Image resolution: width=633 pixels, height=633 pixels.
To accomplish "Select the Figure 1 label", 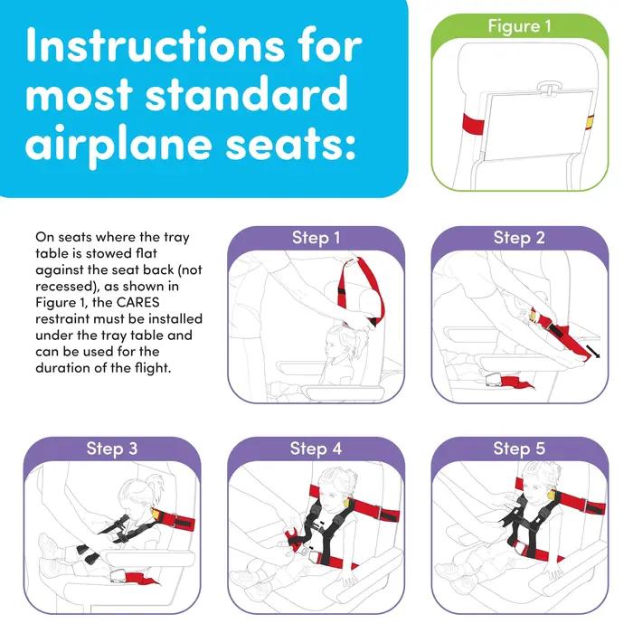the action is point(519,26).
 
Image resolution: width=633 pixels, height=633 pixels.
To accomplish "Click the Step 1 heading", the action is point(316,238).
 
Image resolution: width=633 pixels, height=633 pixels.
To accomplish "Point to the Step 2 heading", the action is point(519,238).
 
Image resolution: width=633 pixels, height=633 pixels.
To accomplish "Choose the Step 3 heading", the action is point(112,449).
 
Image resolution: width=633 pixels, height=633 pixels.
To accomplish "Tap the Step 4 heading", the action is point(316,449).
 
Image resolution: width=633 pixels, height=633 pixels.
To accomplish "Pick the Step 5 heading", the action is point(519,449).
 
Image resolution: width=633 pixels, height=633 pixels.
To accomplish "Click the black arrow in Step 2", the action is point(592,351).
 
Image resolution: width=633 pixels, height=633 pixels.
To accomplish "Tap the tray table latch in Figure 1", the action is point(549,87).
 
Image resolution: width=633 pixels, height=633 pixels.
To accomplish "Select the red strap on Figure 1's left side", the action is point(473,124).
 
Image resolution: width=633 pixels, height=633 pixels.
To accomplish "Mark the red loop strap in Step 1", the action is point(361,290).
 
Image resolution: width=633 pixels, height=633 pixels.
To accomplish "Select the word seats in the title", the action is point(290,145).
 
